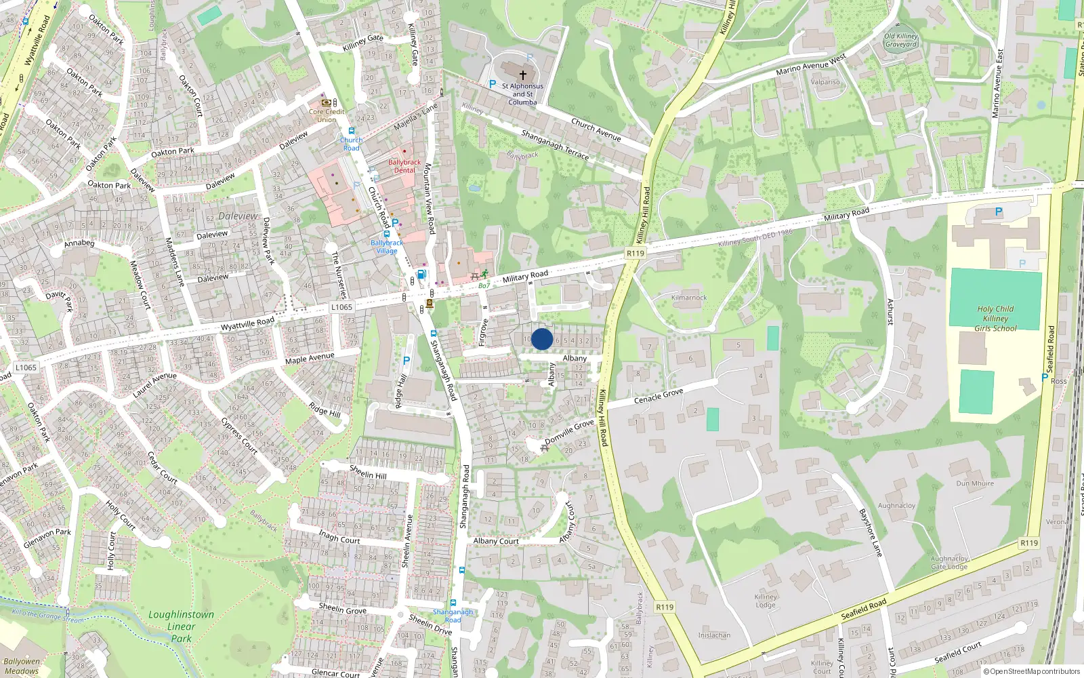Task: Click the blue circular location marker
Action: [x=542, y=339]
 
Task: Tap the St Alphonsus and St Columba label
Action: [x=522, y=94]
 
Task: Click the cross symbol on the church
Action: [x=522, y=75]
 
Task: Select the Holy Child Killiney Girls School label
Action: [x=995, y=319]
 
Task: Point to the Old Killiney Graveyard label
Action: [x=900, y=41]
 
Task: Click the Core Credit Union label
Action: [x=327, y=115]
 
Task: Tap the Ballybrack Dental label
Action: [x=404, y=166]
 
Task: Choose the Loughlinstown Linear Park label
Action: [x=181, y=626]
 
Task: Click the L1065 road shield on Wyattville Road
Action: [x=341, y=307]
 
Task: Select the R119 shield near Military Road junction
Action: [x=635, y=253]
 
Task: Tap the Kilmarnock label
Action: [x=689, y=298]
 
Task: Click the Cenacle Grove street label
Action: [x=659, y=396]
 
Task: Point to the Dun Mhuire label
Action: [x=975, y=483]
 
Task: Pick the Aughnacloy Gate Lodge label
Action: [x=949, y=563]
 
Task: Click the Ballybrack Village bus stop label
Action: [x=387, y=246]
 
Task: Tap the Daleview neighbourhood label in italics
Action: [x=238, y=216]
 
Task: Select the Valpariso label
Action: [x=825, y=82]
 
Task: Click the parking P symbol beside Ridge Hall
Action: [x=406, y=361]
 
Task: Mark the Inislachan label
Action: [x=714, y=635]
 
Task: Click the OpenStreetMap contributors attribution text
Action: [x=1033, y=671]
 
